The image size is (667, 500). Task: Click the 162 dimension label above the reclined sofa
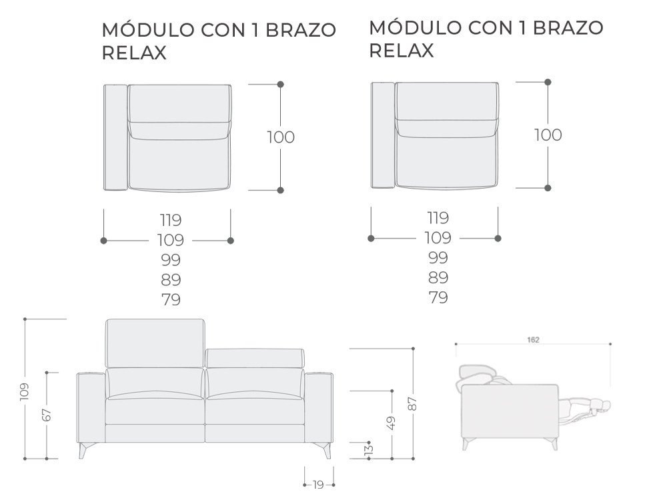click(533, 340)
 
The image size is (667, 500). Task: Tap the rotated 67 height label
click(47, 415)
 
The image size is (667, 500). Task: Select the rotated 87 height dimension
click(413, 404)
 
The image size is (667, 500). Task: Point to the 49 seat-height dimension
click(392, 423)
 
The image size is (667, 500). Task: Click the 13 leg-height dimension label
click(370, 449)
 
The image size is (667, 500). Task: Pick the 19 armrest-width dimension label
click(318, 484)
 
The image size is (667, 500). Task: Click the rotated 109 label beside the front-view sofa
click(24, 391)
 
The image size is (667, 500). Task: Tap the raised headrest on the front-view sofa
click(155, 343)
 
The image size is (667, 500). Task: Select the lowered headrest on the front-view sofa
click(255, 358)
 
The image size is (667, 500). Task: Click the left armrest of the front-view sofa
click(91, 408)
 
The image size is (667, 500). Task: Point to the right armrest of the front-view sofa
click(319, 408)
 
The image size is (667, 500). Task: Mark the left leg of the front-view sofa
click(83, 450)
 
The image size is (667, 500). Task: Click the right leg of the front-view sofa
click(326, 450)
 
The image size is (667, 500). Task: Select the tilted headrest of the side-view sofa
click(476, 376)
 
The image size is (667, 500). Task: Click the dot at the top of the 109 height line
click(25, 319)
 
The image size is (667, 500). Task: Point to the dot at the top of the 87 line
click(413, 349)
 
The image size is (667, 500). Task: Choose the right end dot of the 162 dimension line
click(610, 344)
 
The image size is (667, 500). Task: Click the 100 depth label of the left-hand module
click(281, 137)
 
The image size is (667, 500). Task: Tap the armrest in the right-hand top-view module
click(383, 135)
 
